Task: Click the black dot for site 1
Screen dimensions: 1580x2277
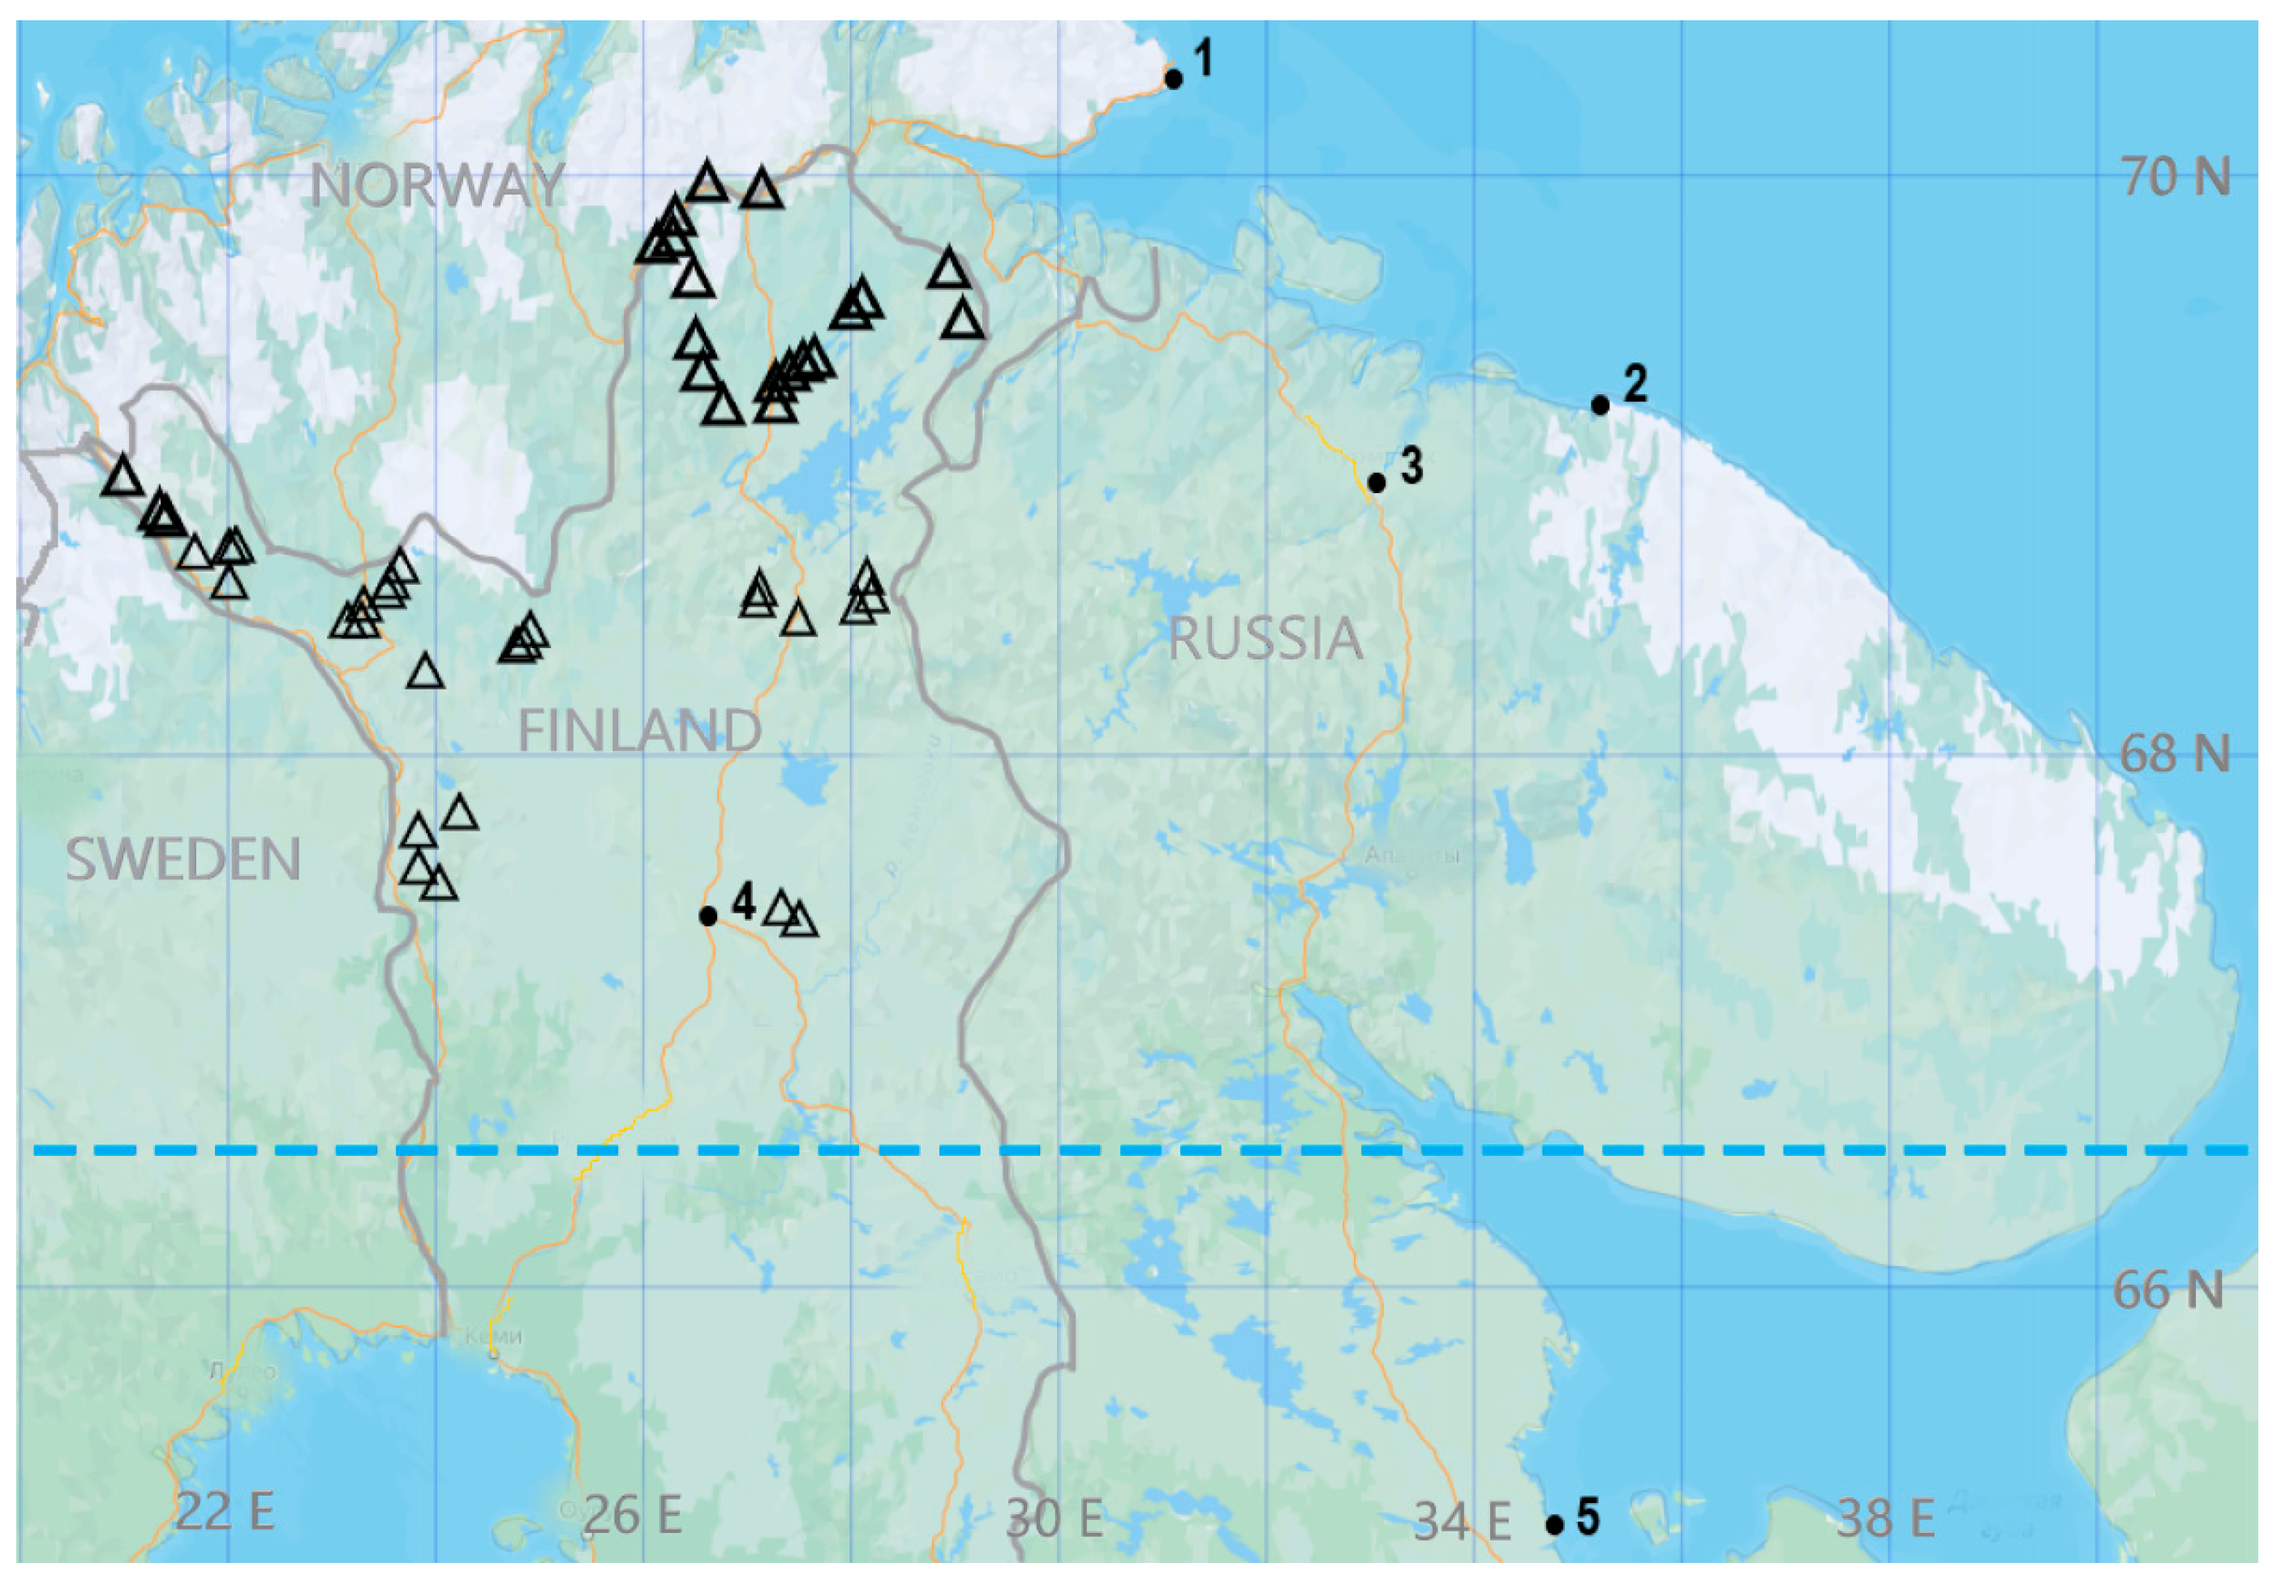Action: click(1173, 78)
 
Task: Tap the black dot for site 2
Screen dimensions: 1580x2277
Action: click(1600, 405)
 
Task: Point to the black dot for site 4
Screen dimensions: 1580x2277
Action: click(708, 917)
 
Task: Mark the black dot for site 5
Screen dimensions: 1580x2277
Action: click(1554, 1526)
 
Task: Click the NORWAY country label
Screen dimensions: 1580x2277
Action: click(436, 185)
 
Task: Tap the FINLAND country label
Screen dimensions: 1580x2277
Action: click(639, 731)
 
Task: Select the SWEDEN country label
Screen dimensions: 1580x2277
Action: click(183, 858)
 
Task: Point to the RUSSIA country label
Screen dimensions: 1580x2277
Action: click(1265, 638)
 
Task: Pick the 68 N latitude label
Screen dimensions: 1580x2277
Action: click(2174, 754)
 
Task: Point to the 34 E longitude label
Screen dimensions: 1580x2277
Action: click(1461, 1522)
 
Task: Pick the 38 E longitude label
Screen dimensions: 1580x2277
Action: click(1885, 1518)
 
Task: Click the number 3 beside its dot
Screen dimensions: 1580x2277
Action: click(1411, 466)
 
